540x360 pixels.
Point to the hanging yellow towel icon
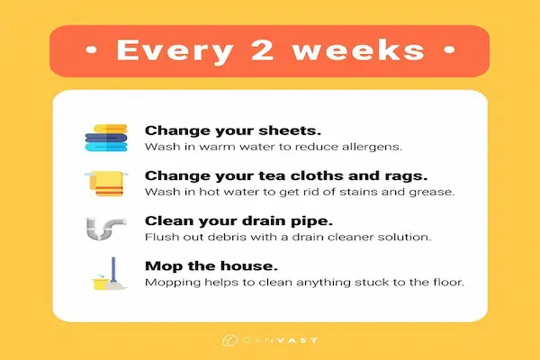(x=107, y=183)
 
